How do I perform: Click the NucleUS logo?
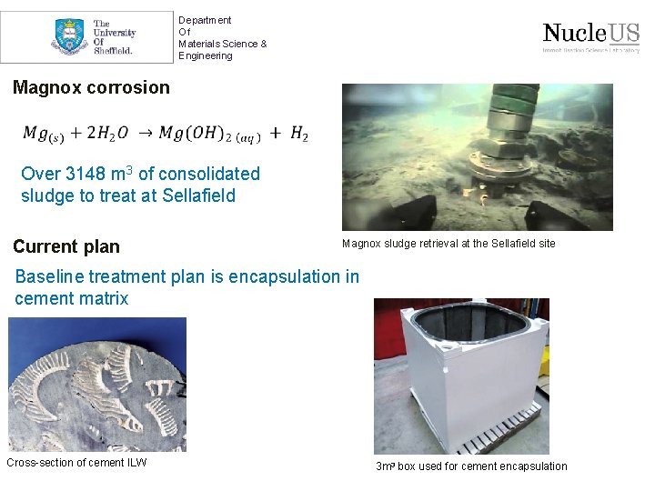coord(590,36)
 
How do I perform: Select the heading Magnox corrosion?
coord(91,87)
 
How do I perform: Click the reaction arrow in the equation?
coord(144,134)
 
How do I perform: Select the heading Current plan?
coord(66,246)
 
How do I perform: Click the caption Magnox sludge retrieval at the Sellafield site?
coord(448,244)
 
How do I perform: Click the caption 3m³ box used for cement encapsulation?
coord(471,466)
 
